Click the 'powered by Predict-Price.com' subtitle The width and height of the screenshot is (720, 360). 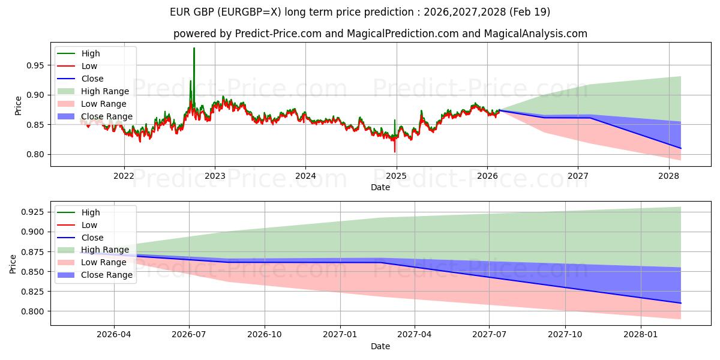[380, 34]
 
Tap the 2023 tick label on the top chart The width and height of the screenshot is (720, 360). [215, 176]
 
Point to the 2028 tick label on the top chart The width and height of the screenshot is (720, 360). [668, 176]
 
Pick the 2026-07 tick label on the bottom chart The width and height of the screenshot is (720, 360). [189, 335]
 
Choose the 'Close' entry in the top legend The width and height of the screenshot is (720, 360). [92, 79]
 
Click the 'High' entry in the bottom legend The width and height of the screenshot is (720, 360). [91, 212]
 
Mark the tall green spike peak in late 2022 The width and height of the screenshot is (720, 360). [194, 48]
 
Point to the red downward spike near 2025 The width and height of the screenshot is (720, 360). [394, 151]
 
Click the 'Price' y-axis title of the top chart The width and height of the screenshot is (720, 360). [17, 106]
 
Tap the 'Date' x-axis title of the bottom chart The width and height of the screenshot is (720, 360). [380, 346]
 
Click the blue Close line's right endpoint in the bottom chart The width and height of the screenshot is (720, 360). [680, 303]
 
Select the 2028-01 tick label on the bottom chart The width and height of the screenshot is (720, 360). [641, 335]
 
